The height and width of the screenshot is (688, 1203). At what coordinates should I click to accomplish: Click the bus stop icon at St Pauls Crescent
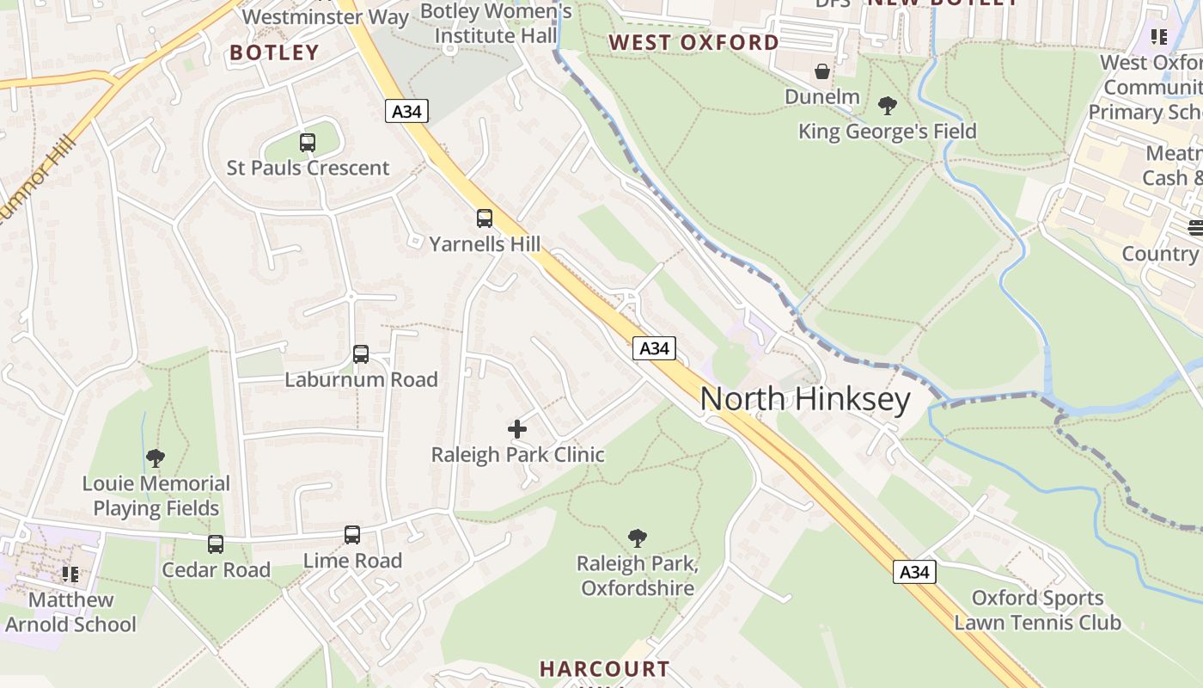308,143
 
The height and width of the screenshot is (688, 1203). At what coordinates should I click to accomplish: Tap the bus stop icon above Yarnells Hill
485,218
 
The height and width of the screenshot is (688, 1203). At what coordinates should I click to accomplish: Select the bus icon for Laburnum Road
361,354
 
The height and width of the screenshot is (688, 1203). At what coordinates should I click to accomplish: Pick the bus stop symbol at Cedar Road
216,544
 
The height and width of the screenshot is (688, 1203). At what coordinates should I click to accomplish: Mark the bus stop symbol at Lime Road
352,535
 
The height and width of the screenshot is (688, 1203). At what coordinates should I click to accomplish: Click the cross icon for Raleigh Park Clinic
517,429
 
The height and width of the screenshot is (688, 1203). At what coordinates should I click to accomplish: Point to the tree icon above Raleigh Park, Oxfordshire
637,538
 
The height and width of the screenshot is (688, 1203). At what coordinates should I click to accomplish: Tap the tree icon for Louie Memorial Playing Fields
156,458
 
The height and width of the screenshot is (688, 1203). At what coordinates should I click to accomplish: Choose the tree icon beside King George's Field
888,106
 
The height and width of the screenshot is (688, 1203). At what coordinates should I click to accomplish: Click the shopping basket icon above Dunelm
822,71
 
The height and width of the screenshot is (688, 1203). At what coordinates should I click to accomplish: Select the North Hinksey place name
804,400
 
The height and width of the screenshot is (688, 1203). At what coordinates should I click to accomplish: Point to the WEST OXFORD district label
693,42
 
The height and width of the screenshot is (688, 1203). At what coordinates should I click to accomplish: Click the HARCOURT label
604,668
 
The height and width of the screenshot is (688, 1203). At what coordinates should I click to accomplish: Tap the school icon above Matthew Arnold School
70,574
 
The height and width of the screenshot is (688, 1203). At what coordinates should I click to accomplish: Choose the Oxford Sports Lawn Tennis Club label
1037,610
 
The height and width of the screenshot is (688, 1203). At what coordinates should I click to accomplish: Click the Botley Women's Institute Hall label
496,23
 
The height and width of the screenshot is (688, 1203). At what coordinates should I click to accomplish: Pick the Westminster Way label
326,16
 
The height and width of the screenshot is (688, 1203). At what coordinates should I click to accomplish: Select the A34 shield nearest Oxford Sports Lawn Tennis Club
913,572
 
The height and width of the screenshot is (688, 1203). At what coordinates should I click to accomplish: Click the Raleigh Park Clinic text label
517,455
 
